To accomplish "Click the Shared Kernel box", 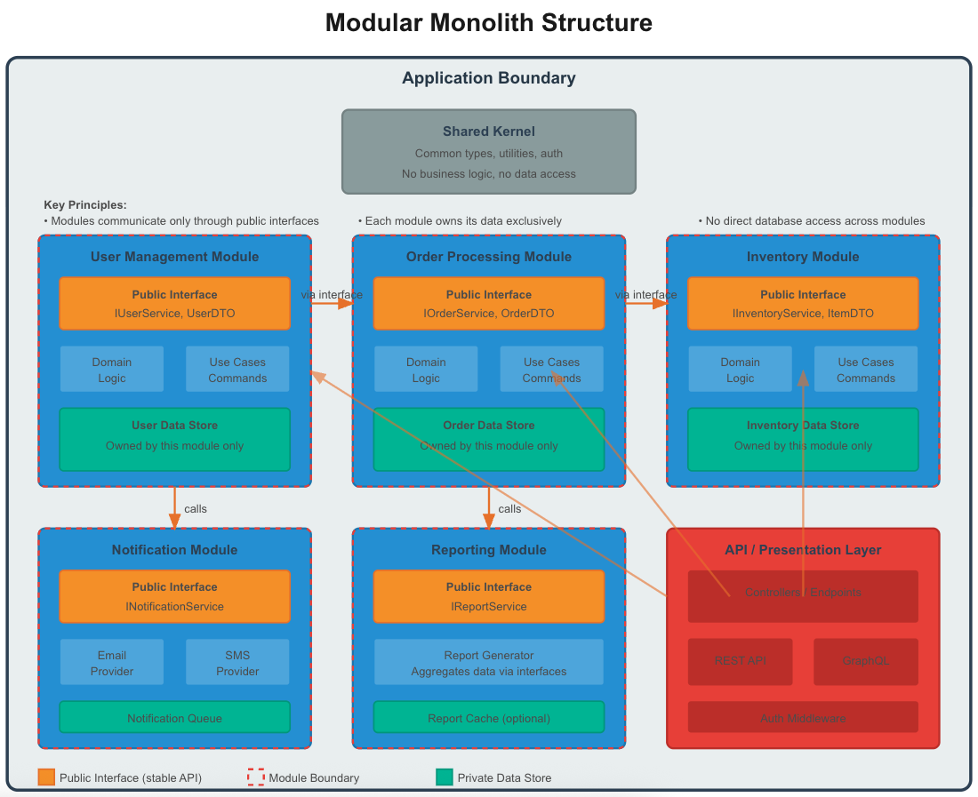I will (x=489, y=151).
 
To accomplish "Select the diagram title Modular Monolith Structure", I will (x=489, y=23).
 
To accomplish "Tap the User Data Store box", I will (x=174, y=439).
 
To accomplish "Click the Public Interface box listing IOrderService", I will (x=489, y=303).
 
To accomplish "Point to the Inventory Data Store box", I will (x=803, y=439).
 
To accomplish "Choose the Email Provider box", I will (x=112, y=662).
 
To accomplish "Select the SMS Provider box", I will (x=237, y=662).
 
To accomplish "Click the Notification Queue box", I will (x=174, y=717).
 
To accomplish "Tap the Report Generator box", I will (x=489, y=662).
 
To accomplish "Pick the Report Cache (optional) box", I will (x=489, y=717).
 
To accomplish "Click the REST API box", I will (x=740, y=661).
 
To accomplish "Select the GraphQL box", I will (x=865, y=661).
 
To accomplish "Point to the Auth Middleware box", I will (x=803, y=717).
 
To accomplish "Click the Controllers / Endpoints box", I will (x=803, y=595).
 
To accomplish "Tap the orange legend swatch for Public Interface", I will (x=46, y=777).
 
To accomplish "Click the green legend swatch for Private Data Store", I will (x=445, y=777).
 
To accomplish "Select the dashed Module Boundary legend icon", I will (x=256, y=777).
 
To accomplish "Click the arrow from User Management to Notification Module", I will (x=174, y=507).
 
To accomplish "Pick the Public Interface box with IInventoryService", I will (x=803, y=303).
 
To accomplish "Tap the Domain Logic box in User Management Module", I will (x=112, y=369).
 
